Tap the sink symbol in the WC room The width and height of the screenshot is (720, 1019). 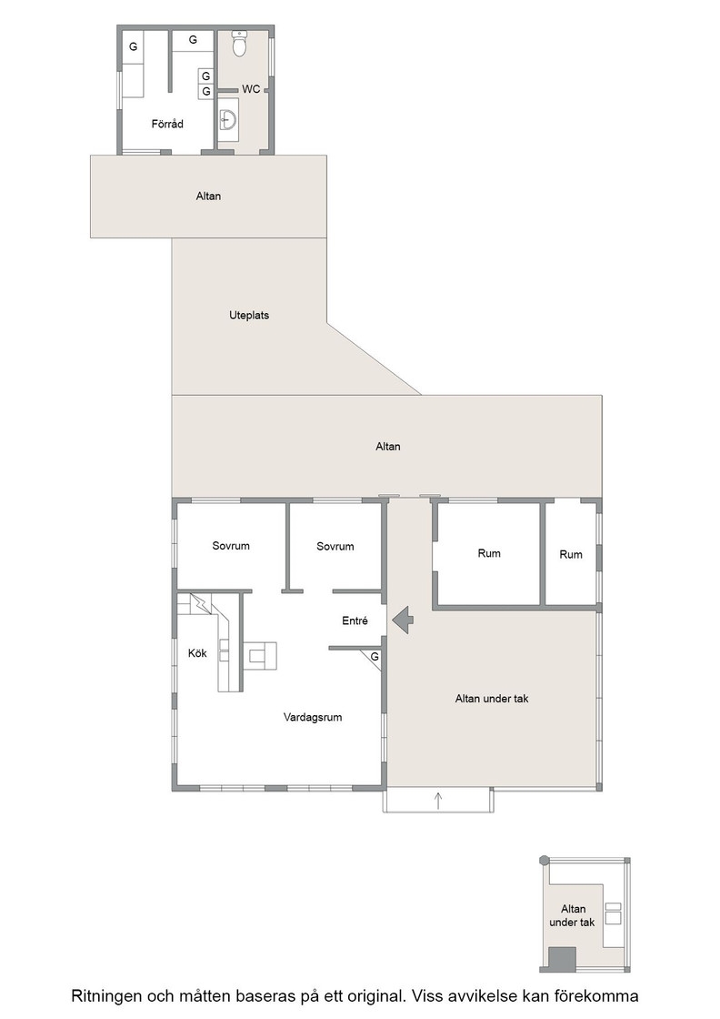(228, 119)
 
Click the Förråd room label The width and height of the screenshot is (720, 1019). (167, 124)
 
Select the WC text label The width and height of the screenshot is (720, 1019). (251, 88)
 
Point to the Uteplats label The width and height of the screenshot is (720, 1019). (249, 315)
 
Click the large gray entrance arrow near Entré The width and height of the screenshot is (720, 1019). (403, 620)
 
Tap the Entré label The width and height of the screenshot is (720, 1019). (355, 620)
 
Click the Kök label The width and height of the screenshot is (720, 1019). (197, 653)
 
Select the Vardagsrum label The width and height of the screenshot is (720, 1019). (313, 718)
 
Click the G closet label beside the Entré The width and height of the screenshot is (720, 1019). (375, 657)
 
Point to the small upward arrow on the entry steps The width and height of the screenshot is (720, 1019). (438, 800)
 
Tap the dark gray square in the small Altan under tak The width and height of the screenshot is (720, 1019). (562, 959)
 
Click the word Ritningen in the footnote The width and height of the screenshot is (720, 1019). (104, 996)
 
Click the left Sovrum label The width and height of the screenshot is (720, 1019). (231, 546)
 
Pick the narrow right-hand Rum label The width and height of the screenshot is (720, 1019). (571, 554)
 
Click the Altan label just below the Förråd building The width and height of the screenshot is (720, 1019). (208, 196)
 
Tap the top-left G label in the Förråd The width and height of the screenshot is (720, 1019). (133, 46)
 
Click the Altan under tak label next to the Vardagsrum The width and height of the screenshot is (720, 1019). (492, 699)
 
